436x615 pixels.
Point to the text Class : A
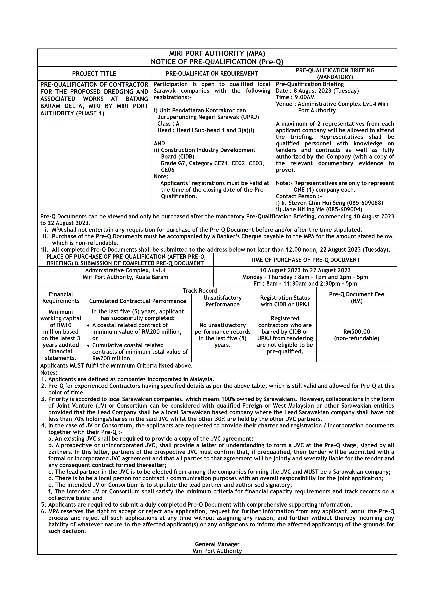pyautogui.click(x=168, y=124)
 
